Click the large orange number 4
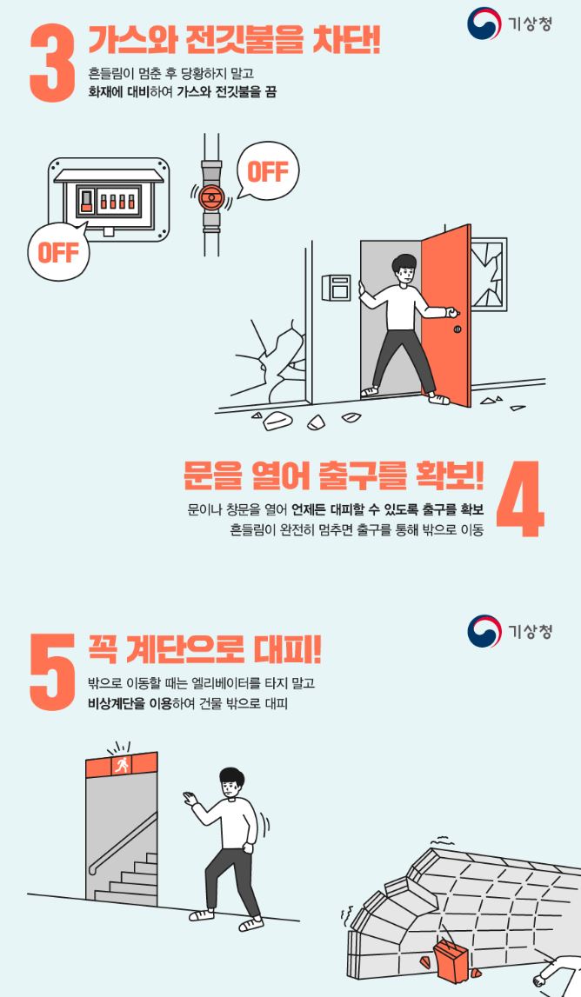point(520,500)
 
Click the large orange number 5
point(54,669)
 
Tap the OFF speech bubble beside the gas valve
point(267,171)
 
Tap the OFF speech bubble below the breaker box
point(57,251)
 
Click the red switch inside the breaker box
point(86,202)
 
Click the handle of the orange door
point(451,312)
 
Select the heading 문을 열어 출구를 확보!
point(334,475)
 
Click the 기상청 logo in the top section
point(510,23)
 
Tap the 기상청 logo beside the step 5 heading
point(510,631)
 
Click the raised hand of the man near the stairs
point(190,798)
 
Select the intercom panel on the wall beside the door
point(335,288)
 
